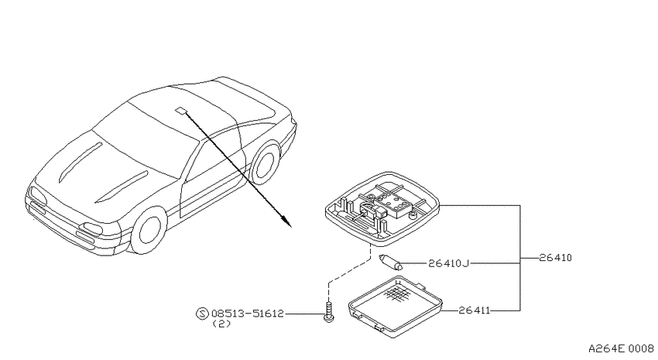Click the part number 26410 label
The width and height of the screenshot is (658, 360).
point(555,258)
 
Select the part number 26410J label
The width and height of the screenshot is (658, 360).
point(448,263)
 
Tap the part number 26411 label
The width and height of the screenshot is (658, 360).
point(475,310)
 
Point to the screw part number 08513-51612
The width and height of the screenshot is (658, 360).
point(248,314)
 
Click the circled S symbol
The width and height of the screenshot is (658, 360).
point(202,314)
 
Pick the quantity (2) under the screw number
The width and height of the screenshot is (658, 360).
point(221,324)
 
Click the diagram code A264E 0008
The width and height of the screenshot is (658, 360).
point(621,348)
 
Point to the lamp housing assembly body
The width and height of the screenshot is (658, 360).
point(382,209)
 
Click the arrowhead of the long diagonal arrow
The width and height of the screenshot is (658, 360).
point(286,221)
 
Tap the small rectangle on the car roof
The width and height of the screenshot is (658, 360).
point(181,110)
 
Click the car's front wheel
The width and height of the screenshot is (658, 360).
point(149,229)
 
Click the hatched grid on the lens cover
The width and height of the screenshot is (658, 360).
point(397,293)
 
